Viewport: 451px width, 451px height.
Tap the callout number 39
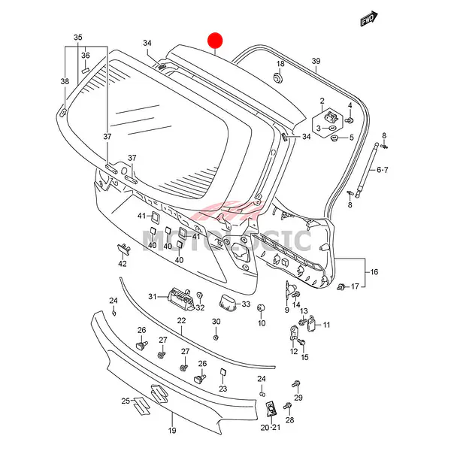(316, 61)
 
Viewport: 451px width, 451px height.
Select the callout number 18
(280, 64)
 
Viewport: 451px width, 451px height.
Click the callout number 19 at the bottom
(171, 431)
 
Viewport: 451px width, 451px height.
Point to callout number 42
(122, 264)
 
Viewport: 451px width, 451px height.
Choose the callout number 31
(151, 297)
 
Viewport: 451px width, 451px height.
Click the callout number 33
(245, 304)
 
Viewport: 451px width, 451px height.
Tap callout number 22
(181, 321)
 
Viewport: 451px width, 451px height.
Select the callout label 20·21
(270, 427)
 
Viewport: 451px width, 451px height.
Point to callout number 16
(374, 272)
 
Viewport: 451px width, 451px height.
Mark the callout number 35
(77, 37)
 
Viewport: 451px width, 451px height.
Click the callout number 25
(126, 401)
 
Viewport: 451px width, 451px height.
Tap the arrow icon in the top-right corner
(368, 19)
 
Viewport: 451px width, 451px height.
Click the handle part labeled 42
(122, 249)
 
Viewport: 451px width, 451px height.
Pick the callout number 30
(216, 322)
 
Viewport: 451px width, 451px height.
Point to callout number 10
(262, 323)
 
